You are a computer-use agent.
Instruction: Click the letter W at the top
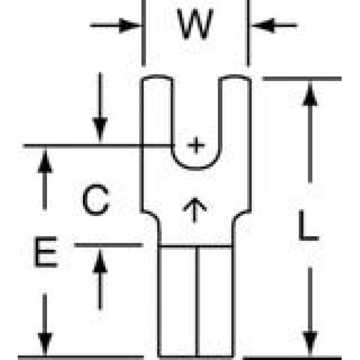pyautogui.click(x=195, y=24)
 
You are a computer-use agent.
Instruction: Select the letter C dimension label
pyautogui.click(x=96, y=200)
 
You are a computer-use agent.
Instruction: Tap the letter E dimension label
pyautogui.click(x=46, y=252)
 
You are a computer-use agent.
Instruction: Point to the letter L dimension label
pyautogui.click(x=309, y=225)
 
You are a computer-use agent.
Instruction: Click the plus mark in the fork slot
pyautogui.click(x=196, y=145)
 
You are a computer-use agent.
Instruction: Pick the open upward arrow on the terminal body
pyautogui.click(x=195, y=210)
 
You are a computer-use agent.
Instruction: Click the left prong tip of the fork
pyautogui.click(x=157, y=77)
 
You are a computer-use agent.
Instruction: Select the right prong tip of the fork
pyautogui.click(x=235, y=77)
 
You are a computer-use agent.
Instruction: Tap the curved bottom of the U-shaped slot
pyautogui.click(x=196, y=169)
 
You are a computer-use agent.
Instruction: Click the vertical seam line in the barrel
pyautogui.click(x=198, y=302)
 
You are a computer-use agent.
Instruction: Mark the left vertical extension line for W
pyautogui.click(x=143, y=34)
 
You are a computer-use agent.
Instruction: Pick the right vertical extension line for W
pyautogui.click(x=248, y=34)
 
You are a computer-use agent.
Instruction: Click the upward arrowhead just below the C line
pyautogui.click(x=45, y=161)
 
